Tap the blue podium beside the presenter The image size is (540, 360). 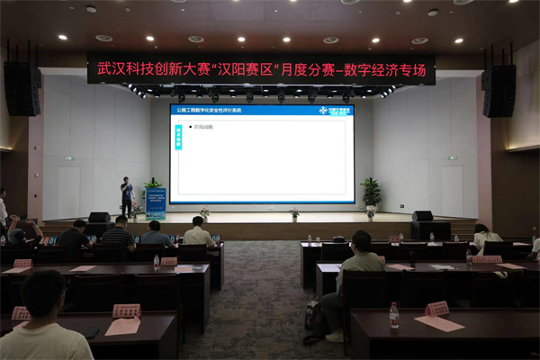coord(156,203)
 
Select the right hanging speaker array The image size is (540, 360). coord(499,90)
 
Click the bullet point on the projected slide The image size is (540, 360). coord(203,127)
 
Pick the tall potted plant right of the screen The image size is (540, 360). coord(371,192)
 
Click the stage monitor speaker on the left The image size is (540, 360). coord(100,217)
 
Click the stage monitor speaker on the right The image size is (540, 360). coord(422,216)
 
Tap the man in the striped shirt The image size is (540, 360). coord(118,236)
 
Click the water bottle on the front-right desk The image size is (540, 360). coord(393,315)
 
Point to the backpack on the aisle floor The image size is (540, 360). coord(312,316)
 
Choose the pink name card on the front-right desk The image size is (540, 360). coord(436,309)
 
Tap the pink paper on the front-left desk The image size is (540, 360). coord(122,326)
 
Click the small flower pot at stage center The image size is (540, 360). coord(294,214)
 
